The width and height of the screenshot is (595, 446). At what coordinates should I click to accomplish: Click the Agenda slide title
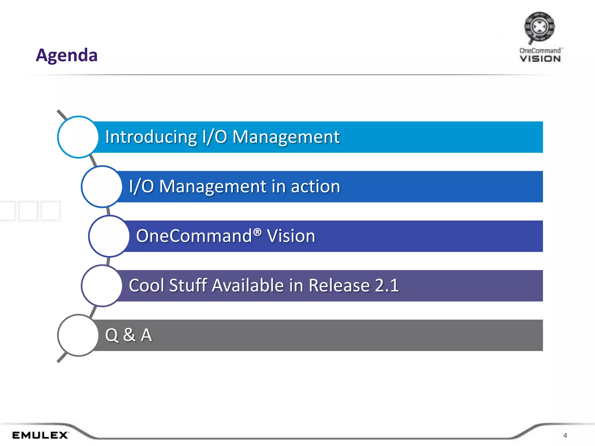click(x=67, y=55)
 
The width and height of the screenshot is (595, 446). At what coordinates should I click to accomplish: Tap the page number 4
click(x=565, y=435)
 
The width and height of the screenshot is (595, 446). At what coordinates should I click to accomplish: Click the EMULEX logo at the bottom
click(x=40, y=435)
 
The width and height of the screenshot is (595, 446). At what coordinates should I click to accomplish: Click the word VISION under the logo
click(x=540, y=59)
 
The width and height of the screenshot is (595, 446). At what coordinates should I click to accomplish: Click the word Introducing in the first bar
click(x=151, y=137)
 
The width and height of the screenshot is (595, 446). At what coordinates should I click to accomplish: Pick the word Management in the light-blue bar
click(x=286, y=137)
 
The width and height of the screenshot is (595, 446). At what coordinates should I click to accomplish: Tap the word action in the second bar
click(x=315, y=186)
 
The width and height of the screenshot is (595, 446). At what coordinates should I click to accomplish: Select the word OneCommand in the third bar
click(x=194, y=236)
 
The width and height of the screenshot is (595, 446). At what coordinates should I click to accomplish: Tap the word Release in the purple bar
click(x=339, y=285)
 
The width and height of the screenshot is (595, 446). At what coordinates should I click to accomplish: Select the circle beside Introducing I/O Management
click(x=78, y=137)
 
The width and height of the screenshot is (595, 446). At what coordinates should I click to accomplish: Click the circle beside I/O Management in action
click(x=102, y=187)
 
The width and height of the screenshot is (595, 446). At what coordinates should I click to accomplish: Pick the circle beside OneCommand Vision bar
click(x=109, y=236)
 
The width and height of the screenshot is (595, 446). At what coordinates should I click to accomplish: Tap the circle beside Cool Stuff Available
click(x=102, y=286)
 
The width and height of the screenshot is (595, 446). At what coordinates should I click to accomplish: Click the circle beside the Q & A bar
click(x=78, y=335)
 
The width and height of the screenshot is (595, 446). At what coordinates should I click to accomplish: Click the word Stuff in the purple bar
click(x=188, y=285)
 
